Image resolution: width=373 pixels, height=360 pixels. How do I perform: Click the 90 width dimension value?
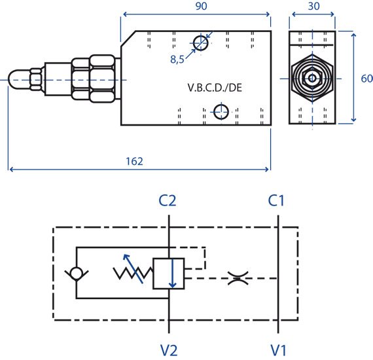click(x=201, y=6)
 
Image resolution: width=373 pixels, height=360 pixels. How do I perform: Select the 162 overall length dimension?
click(x=134, y=161)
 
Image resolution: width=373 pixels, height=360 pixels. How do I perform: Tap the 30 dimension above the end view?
click(x=313, y=6)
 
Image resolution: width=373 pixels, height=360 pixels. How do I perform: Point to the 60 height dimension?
click(x=366, y=79)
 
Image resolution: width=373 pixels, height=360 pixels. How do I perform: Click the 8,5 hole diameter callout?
click(x=177, y=60)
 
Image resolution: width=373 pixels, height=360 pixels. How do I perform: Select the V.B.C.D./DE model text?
click(x=215, y=88)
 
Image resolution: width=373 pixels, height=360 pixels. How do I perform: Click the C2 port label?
click(x=168, y=200)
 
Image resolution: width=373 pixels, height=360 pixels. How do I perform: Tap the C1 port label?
click(x=276, y=200)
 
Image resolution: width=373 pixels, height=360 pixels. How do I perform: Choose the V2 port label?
click(x=169, y=350)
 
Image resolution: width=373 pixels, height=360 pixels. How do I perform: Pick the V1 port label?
click(x=278, y=350)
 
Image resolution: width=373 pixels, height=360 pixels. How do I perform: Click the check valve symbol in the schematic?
click(x=77, y=274)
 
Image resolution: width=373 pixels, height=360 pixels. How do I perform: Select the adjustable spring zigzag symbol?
click(x=133, y=273)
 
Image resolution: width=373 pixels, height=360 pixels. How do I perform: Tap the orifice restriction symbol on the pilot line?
click(x=238, y=278)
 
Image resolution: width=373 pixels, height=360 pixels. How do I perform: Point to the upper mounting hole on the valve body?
click(x=201, y=43)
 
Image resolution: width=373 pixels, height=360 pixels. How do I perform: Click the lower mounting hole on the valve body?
click(x=221, y=112)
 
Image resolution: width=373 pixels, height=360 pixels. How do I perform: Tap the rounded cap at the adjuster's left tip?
click(x=14, y=80)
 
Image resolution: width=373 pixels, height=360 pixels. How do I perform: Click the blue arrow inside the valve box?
click(x=172, y=273)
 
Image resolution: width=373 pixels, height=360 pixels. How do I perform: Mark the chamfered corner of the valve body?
click(x=128, y=39)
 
